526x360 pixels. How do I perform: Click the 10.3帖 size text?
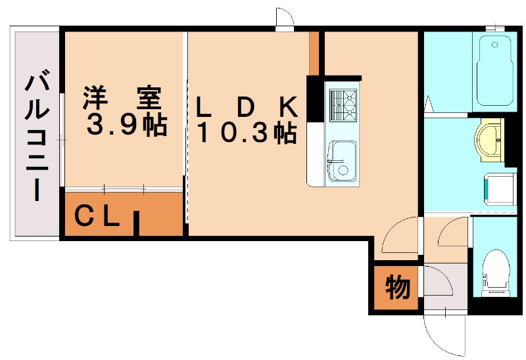click(x=247, y=133)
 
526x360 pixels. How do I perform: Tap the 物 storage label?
click(x=397, y=287)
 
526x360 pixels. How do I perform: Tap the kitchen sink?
click(x=342, y=161)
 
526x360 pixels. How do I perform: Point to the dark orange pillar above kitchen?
click(x=314, y=53)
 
